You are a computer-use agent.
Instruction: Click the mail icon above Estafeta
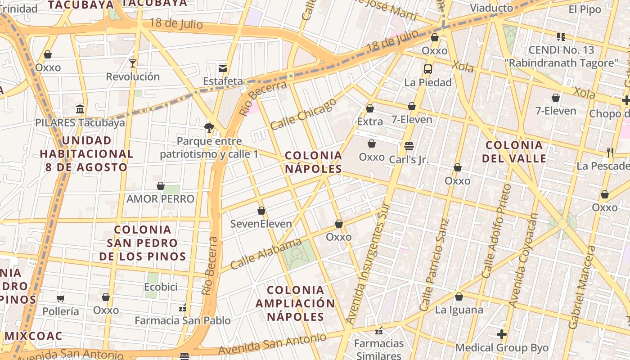223,68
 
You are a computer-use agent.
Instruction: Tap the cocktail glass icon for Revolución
133,63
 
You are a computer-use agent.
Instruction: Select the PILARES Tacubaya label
80,122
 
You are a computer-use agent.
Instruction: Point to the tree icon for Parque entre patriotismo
209,128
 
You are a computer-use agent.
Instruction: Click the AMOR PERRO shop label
161,199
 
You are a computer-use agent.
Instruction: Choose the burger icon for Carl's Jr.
409,146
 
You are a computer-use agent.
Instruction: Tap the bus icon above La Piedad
428,69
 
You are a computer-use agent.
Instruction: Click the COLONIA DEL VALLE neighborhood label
514,152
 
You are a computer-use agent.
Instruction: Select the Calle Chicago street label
303,113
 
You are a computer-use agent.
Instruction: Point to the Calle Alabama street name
265,254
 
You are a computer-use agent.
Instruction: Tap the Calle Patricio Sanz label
434,265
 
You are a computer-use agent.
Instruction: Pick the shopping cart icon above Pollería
61,298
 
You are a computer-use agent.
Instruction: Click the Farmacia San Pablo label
183,320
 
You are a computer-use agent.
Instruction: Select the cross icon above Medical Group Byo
502,334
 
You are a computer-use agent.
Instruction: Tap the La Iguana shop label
459,310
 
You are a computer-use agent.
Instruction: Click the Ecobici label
161,287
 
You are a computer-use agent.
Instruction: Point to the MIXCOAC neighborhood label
34,336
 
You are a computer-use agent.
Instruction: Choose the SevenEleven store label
261,224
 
